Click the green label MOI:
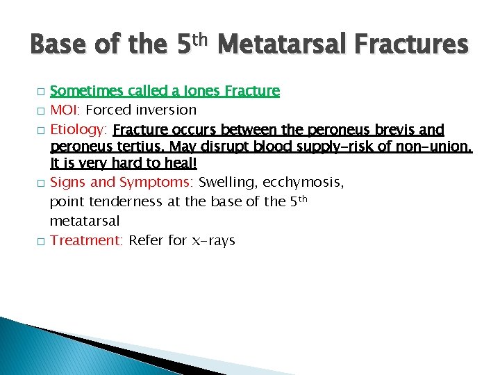(65, 110)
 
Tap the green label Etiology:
(79, 129)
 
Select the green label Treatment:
(87, 240)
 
